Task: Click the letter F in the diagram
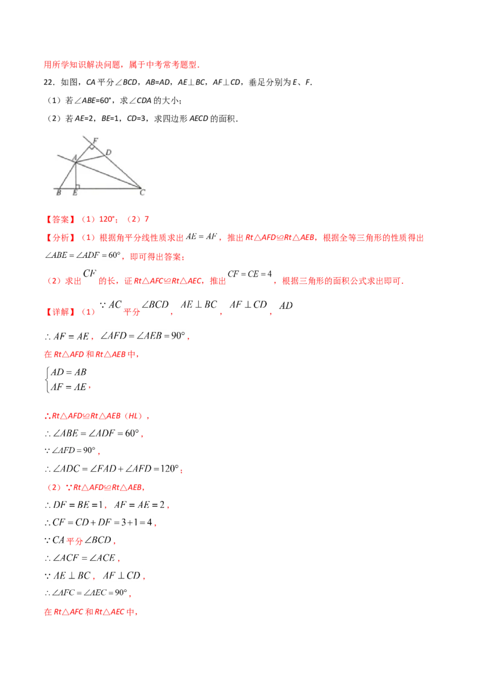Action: point(95,141)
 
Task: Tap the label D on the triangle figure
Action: point(108,152)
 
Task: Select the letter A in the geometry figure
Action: point(74,158)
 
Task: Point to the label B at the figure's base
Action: point(58,193)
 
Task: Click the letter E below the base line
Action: point(75,193)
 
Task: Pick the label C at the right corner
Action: point(142,193)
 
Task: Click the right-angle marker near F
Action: point(92,146)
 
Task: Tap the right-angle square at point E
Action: point(77,186)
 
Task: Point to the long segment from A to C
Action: point(108,175)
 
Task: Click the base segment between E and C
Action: point(108,189)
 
